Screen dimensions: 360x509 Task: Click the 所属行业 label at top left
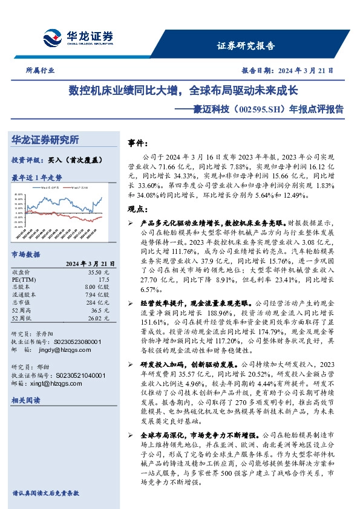click(41, 70)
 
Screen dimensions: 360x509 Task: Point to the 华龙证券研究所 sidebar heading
click(45, 140)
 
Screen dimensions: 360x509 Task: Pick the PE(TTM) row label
click(24, 280)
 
